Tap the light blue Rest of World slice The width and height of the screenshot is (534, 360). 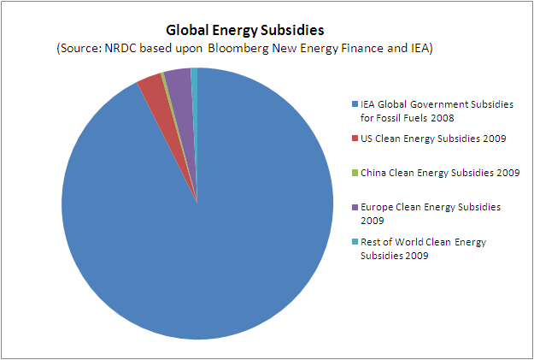[195, 77]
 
